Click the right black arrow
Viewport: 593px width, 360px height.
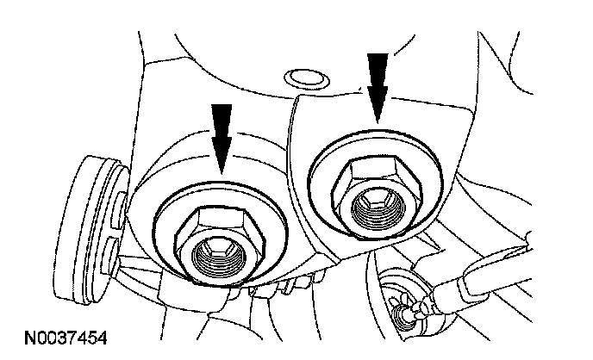point(378,84)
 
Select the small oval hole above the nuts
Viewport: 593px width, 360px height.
point(303,78)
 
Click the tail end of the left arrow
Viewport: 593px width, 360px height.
point(222,106)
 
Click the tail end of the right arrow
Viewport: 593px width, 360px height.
point(378,54)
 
